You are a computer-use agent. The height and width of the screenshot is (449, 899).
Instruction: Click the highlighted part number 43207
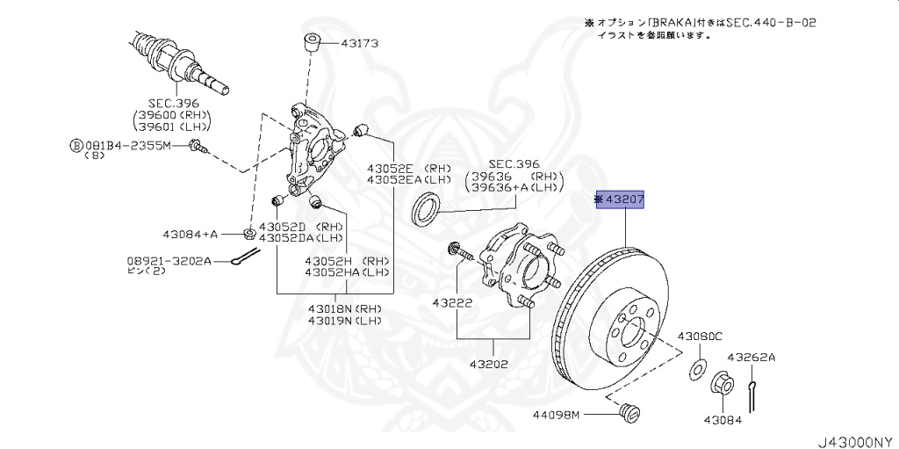(622, 200)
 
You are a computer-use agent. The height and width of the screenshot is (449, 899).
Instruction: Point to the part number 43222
(453, 303)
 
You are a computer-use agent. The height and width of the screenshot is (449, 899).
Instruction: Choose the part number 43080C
(699, 337)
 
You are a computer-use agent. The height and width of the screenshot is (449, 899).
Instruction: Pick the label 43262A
(752, 357)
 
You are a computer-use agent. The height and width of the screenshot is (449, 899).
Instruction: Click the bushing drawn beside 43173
(313, 40)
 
